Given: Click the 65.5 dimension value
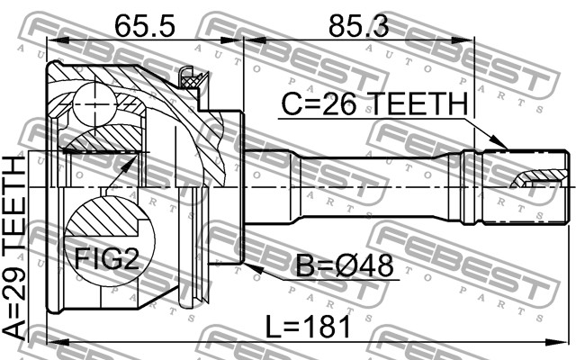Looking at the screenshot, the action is (x=144, y=26).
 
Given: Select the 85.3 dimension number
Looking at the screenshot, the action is (x=358, y=26).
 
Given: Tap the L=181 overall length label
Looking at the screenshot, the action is (x=308, y=328).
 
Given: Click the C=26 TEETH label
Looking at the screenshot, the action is (x=374, y=104).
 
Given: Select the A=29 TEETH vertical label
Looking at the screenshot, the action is (x=13, y=247).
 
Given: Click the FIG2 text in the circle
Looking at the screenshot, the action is (x=107, y=258).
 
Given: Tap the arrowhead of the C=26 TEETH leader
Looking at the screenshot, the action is (x=500, y=143).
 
